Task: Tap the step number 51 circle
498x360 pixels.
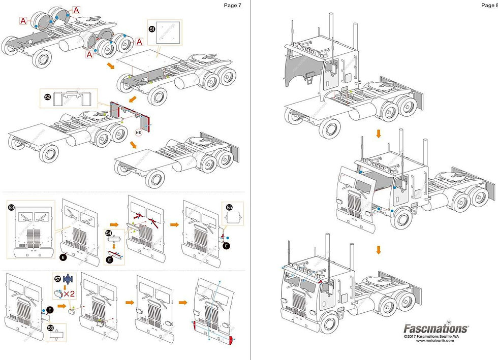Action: point(151,29)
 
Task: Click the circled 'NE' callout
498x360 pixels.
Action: point(138,132)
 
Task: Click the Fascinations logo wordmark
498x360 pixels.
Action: point(435,329)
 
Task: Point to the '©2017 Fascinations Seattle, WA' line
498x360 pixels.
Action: point(435,336)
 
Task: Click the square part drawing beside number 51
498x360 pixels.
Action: point(167,37)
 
